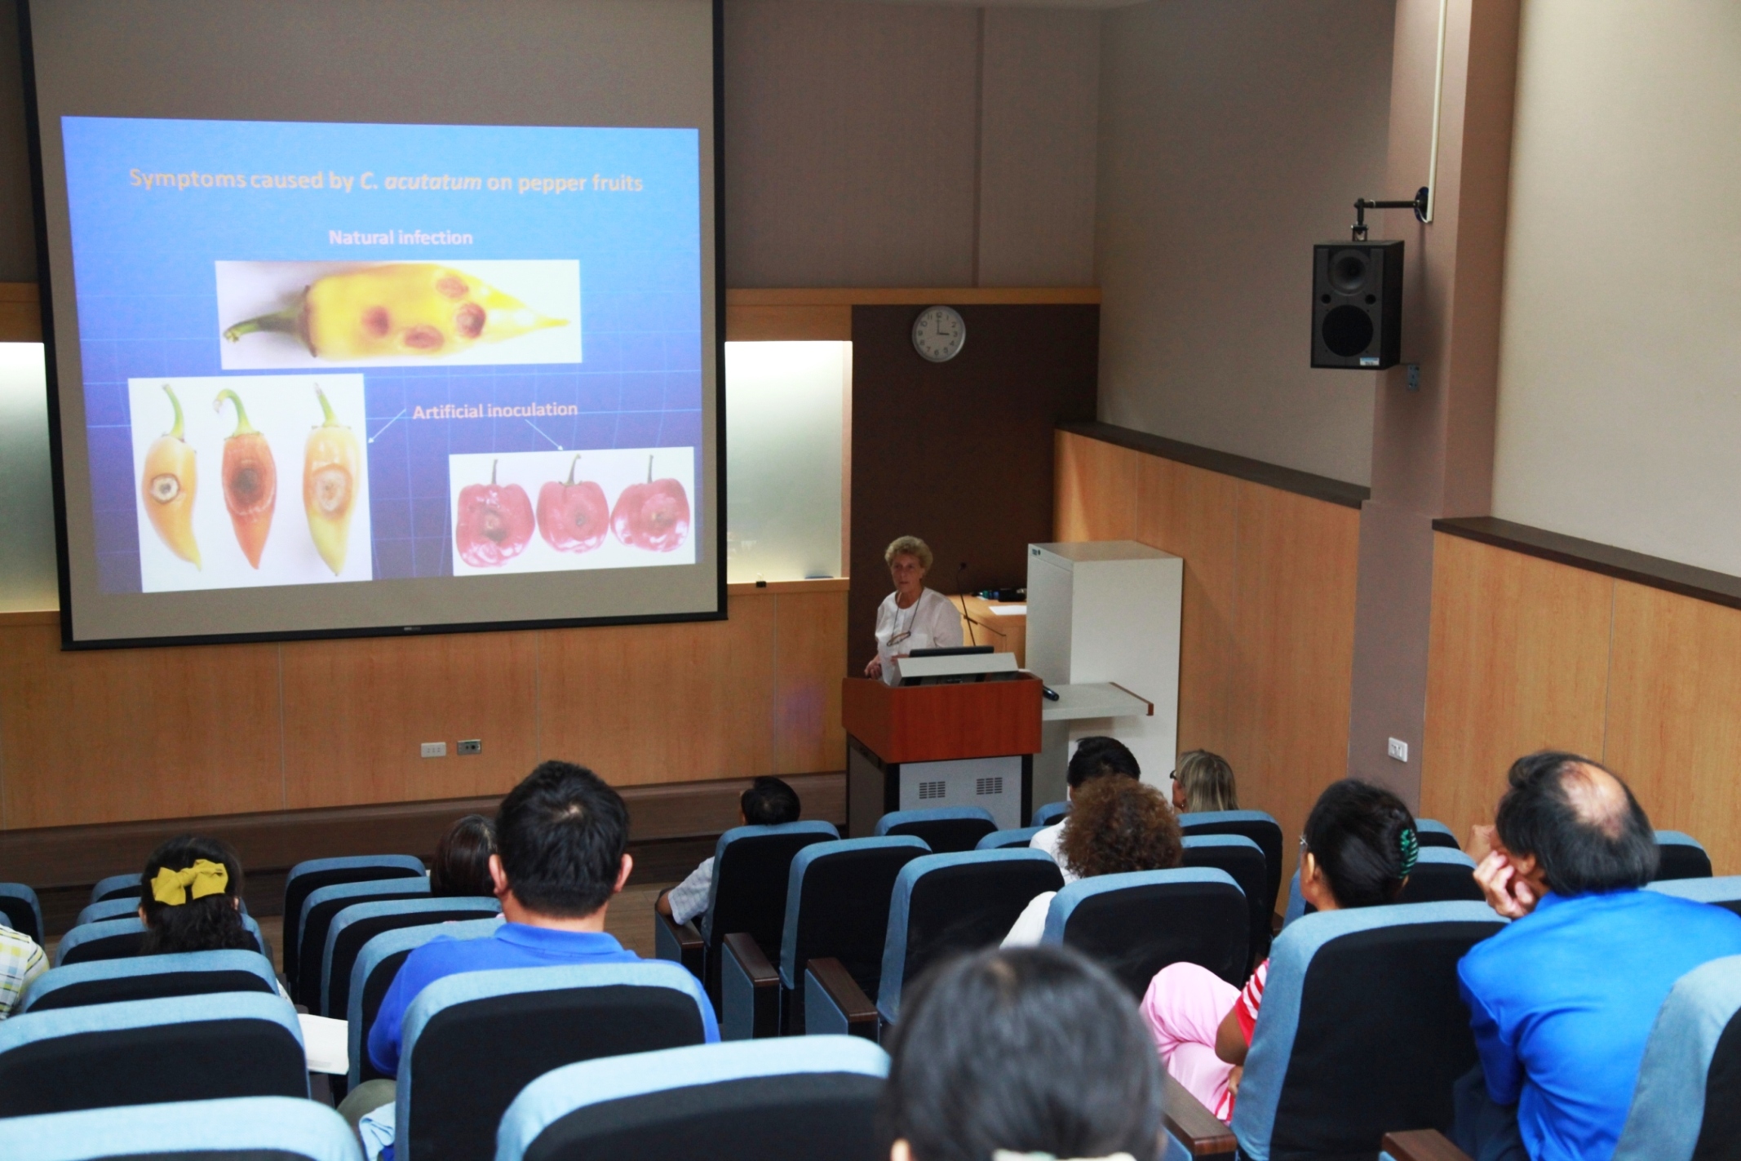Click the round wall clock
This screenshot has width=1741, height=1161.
click(938, 333)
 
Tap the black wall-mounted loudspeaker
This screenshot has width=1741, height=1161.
click(1357, 304)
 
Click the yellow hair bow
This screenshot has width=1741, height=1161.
click(189, 884)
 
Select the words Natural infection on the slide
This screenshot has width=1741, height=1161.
click(401, 237)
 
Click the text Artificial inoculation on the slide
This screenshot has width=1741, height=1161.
click(494, 410)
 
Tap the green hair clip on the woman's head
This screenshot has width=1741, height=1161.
click(1405, 851)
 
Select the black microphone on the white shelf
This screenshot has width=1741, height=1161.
click(1049, 693)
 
